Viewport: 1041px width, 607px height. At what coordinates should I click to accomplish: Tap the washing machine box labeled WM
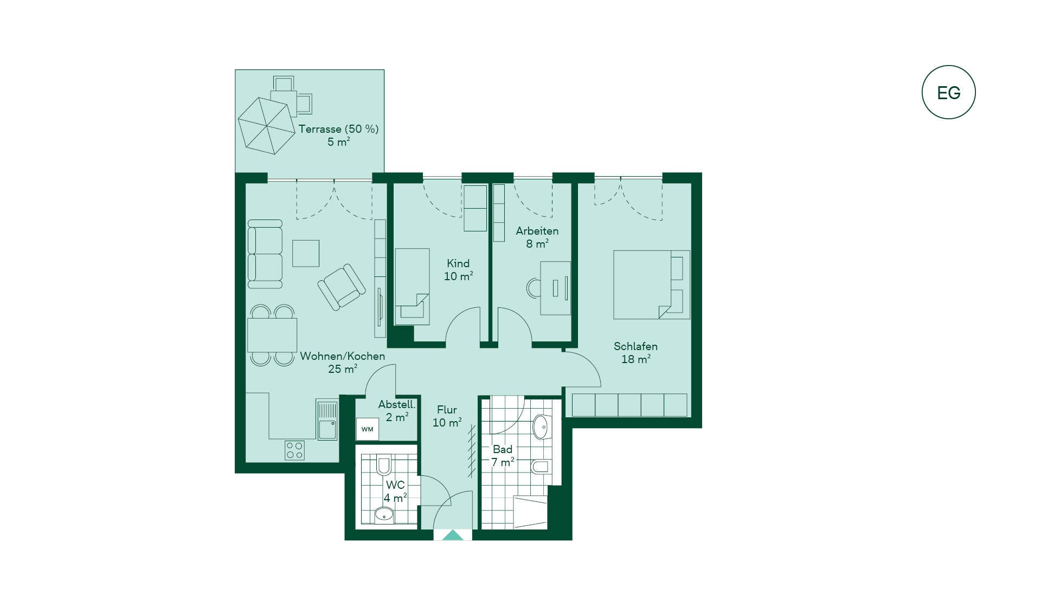click(x=368, y=429)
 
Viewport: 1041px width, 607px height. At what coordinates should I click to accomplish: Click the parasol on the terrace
click(x=266, y=126)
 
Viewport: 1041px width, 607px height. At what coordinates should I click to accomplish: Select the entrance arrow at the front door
click(x=453, y=535)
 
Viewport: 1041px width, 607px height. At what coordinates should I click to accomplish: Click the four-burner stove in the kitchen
click(x=294, y=450)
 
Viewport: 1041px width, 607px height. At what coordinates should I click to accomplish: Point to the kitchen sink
click(x=327, y=421)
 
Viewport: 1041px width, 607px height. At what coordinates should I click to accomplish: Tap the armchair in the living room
click(x=342, y=287)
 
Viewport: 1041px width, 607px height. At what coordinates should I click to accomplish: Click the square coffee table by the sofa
click(x=306, y=253)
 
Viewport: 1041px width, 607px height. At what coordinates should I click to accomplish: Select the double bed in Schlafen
click(x=652, y=285)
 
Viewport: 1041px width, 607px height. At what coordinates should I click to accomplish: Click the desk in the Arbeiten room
click(x=555, y=288)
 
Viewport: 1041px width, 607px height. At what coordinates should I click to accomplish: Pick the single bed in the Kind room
click(x=412, y=287)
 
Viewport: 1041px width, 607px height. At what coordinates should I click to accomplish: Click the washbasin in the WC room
click(x=384, y=514)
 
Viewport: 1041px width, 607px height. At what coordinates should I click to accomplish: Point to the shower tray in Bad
click(x=530, y=512)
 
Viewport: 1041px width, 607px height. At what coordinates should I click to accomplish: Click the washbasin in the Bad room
click(x=542, y=427)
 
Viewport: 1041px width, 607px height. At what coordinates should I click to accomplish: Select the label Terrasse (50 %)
click(x=338, y=129)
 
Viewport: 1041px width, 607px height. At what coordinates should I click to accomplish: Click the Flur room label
click(x=447, y=410)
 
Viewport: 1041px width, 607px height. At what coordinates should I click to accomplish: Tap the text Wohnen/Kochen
click(x=343, y=356)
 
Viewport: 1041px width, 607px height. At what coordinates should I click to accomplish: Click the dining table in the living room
click(x=272, y=335)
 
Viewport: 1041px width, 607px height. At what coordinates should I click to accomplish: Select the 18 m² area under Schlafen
click(x=635, y=359)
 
